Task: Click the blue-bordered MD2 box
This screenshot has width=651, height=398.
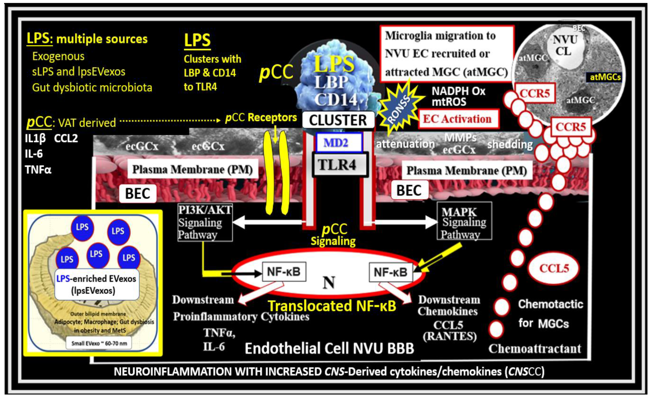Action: pyautogui.click(x=338, y=143)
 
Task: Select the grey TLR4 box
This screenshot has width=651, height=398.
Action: pyautogui.click(x=340, y=165)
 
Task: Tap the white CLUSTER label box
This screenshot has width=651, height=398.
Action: pyautogui.click(x=338, y=120)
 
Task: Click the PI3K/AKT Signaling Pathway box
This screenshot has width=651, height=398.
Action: pyautogui.click(x=205, y=222)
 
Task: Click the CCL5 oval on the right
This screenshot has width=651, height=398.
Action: pyautogui.click(x=554, y=268)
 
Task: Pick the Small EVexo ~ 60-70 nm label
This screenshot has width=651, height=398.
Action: pyautogui.click(x=99, y=343)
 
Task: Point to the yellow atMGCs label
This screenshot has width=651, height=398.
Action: pyautogui.click(x=605, y=77)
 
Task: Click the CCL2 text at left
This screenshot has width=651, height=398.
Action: pyautogui.click(x=66, y=138)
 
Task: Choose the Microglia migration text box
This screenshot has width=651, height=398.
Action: pyautogui.click(x=447, y=54)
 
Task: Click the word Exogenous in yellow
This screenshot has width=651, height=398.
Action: pyautogui.click(x=58, y=56)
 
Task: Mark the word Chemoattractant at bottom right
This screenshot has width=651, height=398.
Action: pyautogui.click(x=535, y=349)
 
